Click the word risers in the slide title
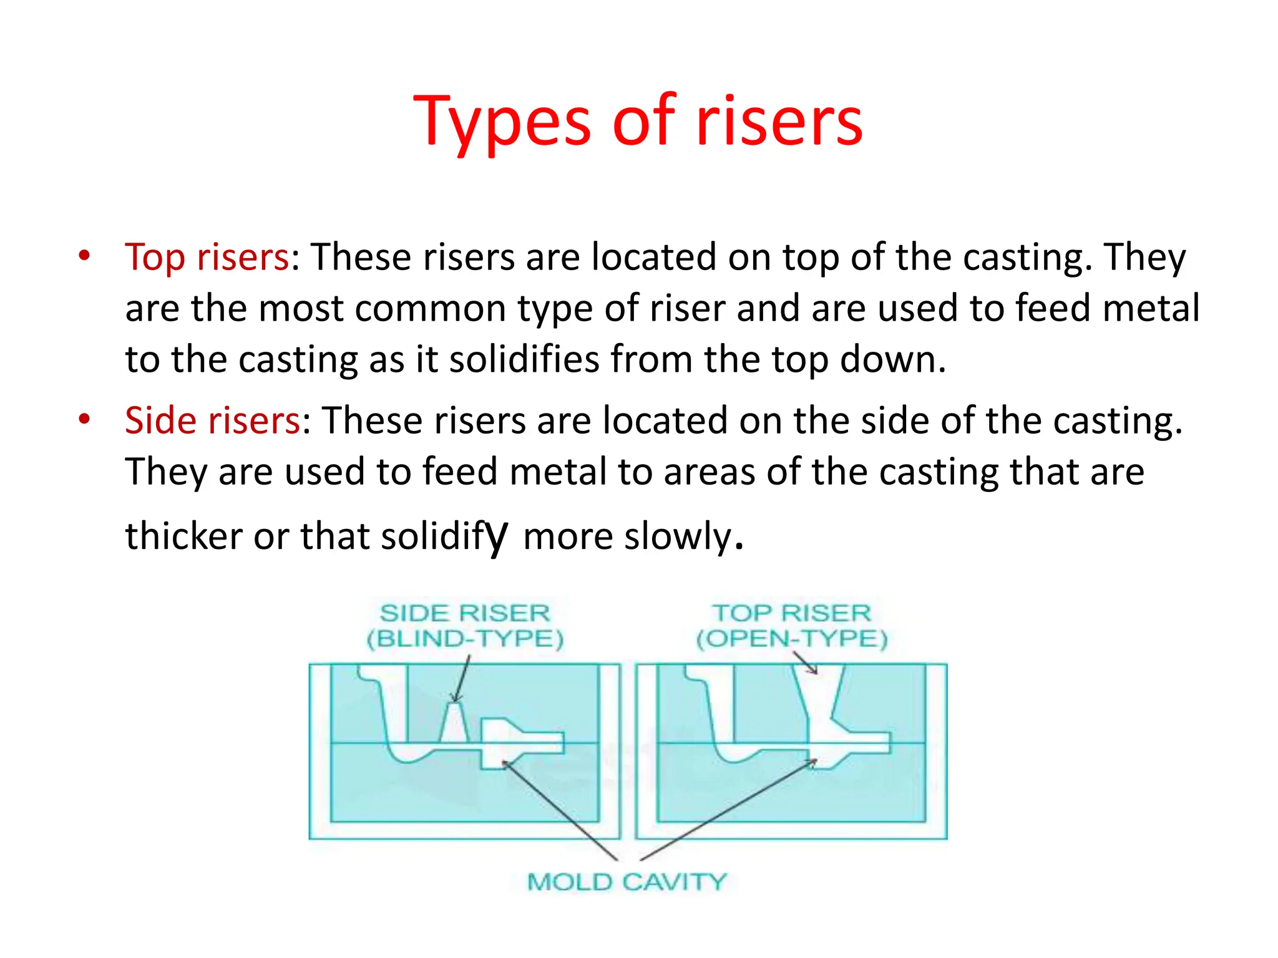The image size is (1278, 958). click(x=779, y=122)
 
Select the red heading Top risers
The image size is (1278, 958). click(x=207, y=257)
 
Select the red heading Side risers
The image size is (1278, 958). click(x=212, y=420)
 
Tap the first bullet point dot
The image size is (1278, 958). click(x=85, y=255)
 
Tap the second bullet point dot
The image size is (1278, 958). click(x=85, y=419)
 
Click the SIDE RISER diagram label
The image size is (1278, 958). click(x=465, y=613)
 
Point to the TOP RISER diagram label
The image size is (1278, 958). click(x=791, y=613)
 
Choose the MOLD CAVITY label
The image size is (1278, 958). click(x=627, y=882)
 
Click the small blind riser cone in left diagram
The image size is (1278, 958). click(x=454, y=723)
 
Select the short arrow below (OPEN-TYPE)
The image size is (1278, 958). click(x=805, y=662)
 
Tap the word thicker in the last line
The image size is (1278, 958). click(x=184, y=536)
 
